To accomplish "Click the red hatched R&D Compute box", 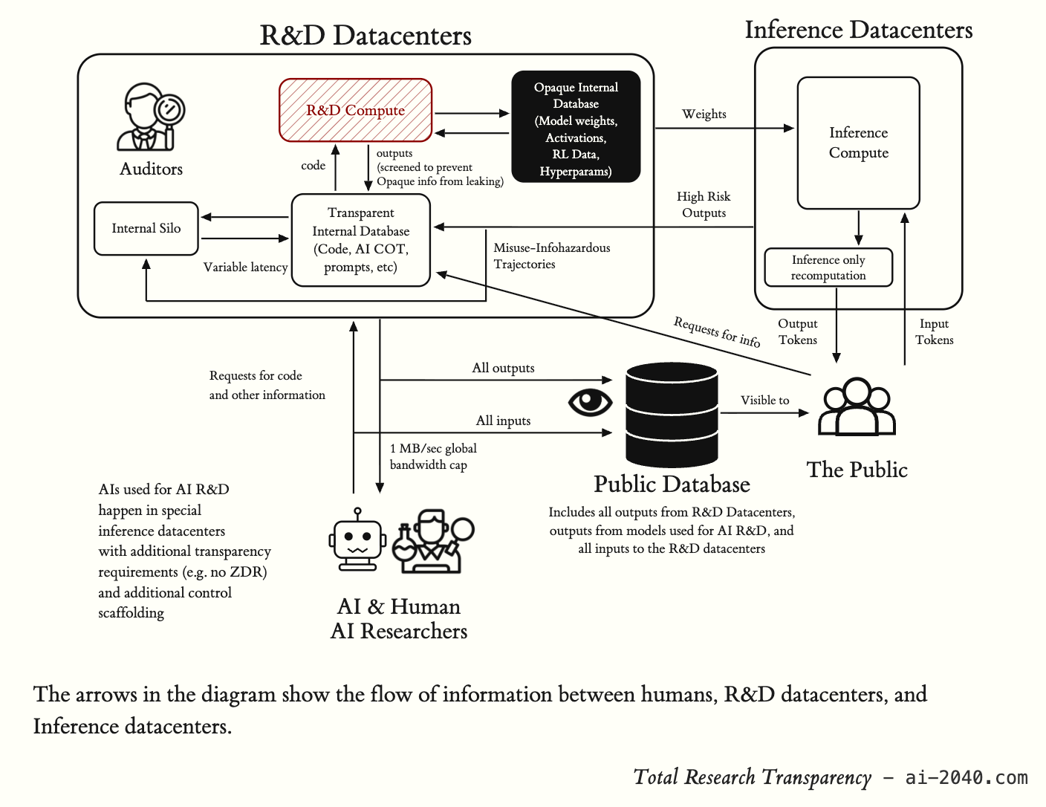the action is (x=355, y=110).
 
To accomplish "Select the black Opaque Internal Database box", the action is (x=576, y=126).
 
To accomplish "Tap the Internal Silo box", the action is (x=146, y=228).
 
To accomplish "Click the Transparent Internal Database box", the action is (x=360, y=240).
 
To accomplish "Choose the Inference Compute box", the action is (x=858, y=143).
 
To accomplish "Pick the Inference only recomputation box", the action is (x=828, y=268).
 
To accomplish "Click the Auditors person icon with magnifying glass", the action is (x=151, y=117).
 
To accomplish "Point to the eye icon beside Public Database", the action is (x=590, y=402).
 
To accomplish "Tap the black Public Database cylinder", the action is (x=672, y=415).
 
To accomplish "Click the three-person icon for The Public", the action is (x=857, y=407).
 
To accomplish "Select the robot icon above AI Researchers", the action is (x=357, y=539).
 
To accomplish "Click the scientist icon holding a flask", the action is (x=433, y=541).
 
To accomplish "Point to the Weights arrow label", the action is (x=704, y=114).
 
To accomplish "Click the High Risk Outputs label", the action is (x=704, y=204).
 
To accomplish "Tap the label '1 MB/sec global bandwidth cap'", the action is (x=433, y=456).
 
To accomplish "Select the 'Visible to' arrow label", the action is (x=764, y=400).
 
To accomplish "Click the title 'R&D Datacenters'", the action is (x=366, y=36).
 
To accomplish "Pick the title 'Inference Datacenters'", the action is (x=859, y=30).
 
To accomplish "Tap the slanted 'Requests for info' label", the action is (x=716, y=331).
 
